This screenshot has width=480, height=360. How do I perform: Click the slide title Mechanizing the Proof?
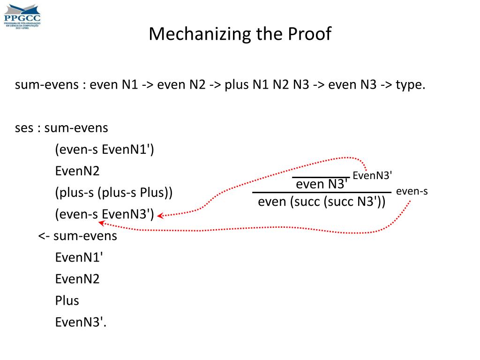[x=240, y=34]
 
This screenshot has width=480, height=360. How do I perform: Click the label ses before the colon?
[x=24, y=128]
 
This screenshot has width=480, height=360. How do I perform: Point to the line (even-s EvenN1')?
[x=105, y=150]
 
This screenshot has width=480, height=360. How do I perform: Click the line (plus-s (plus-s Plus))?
[x=114, y=193]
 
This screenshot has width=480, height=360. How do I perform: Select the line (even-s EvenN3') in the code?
[x=105, y=214]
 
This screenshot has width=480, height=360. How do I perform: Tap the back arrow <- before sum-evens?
[x=44, y=236]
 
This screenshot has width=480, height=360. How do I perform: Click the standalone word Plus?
[x=67, y=300]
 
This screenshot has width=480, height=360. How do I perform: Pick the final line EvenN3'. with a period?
[x=81, y=322]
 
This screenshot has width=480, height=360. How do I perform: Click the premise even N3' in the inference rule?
[x=322, y=184]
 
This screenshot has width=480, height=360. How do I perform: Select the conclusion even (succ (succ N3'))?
[x=322, y=202]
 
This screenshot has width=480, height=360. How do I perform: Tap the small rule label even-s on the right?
[x=412, y=191]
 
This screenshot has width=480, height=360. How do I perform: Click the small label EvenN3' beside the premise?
[x=372, y=176]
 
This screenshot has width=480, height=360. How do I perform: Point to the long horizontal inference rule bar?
[x=322, y=192]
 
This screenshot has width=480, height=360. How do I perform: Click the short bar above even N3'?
[x=321, y=177]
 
